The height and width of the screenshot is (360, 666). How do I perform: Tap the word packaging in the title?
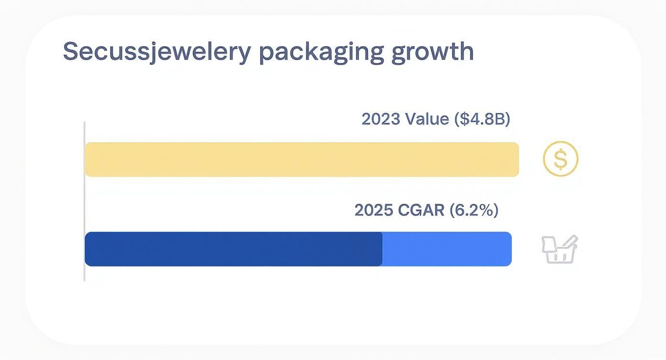(x=322, y=52)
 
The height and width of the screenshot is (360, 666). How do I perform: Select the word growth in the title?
(x=433, y=52)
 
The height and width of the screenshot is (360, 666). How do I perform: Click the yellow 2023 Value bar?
(x=301, y=159)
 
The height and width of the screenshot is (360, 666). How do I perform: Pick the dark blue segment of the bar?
(x=233, y=249)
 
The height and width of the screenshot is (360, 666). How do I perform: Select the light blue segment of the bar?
(x=447, y=249)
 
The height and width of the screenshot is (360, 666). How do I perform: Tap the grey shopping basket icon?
(x=559, y=250)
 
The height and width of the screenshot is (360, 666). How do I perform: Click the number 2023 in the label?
(x=381, y=119)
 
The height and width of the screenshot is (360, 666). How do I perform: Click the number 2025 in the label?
(x=374, y=210)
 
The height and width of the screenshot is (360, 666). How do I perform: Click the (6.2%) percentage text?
(x=474, y=210)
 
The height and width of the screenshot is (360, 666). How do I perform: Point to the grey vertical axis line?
(x=84, y=201)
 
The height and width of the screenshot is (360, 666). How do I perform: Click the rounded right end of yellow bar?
(x=516, y=159)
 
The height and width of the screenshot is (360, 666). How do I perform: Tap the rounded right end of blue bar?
(x=509, y=249)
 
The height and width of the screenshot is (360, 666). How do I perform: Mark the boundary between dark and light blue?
(x=382, y=249)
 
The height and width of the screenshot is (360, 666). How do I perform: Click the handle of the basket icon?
(x=571, y=242)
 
